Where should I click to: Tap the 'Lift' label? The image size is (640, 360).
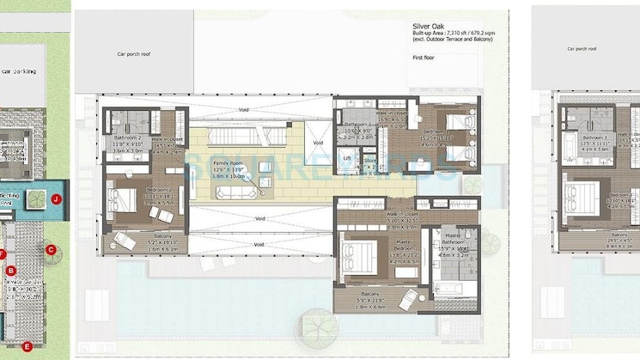346,159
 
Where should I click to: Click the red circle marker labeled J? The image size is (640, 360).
56,198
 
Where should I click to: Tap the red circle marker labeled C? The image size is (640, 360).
51,250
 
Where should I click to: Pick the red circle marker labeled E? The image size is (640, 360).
27,346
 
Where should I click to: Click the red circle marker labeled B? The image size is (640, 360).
11,271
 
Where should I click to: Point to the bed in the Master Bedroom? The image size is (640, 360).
358,256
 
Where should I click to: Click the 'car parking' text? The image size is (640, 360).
19,71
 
